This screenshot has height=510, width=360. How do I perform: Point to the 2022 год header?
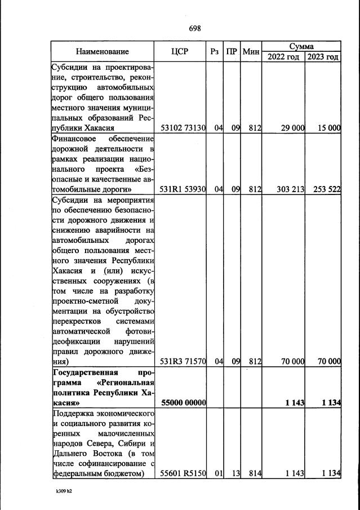pos(283,57)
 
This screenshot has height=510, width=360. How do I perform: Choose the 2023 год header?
pos(323,57)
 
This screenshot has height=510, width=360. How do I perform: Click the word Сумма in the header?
pos(302,46)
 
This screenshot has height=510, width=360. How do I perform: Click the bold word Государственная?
pos(85,372)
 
